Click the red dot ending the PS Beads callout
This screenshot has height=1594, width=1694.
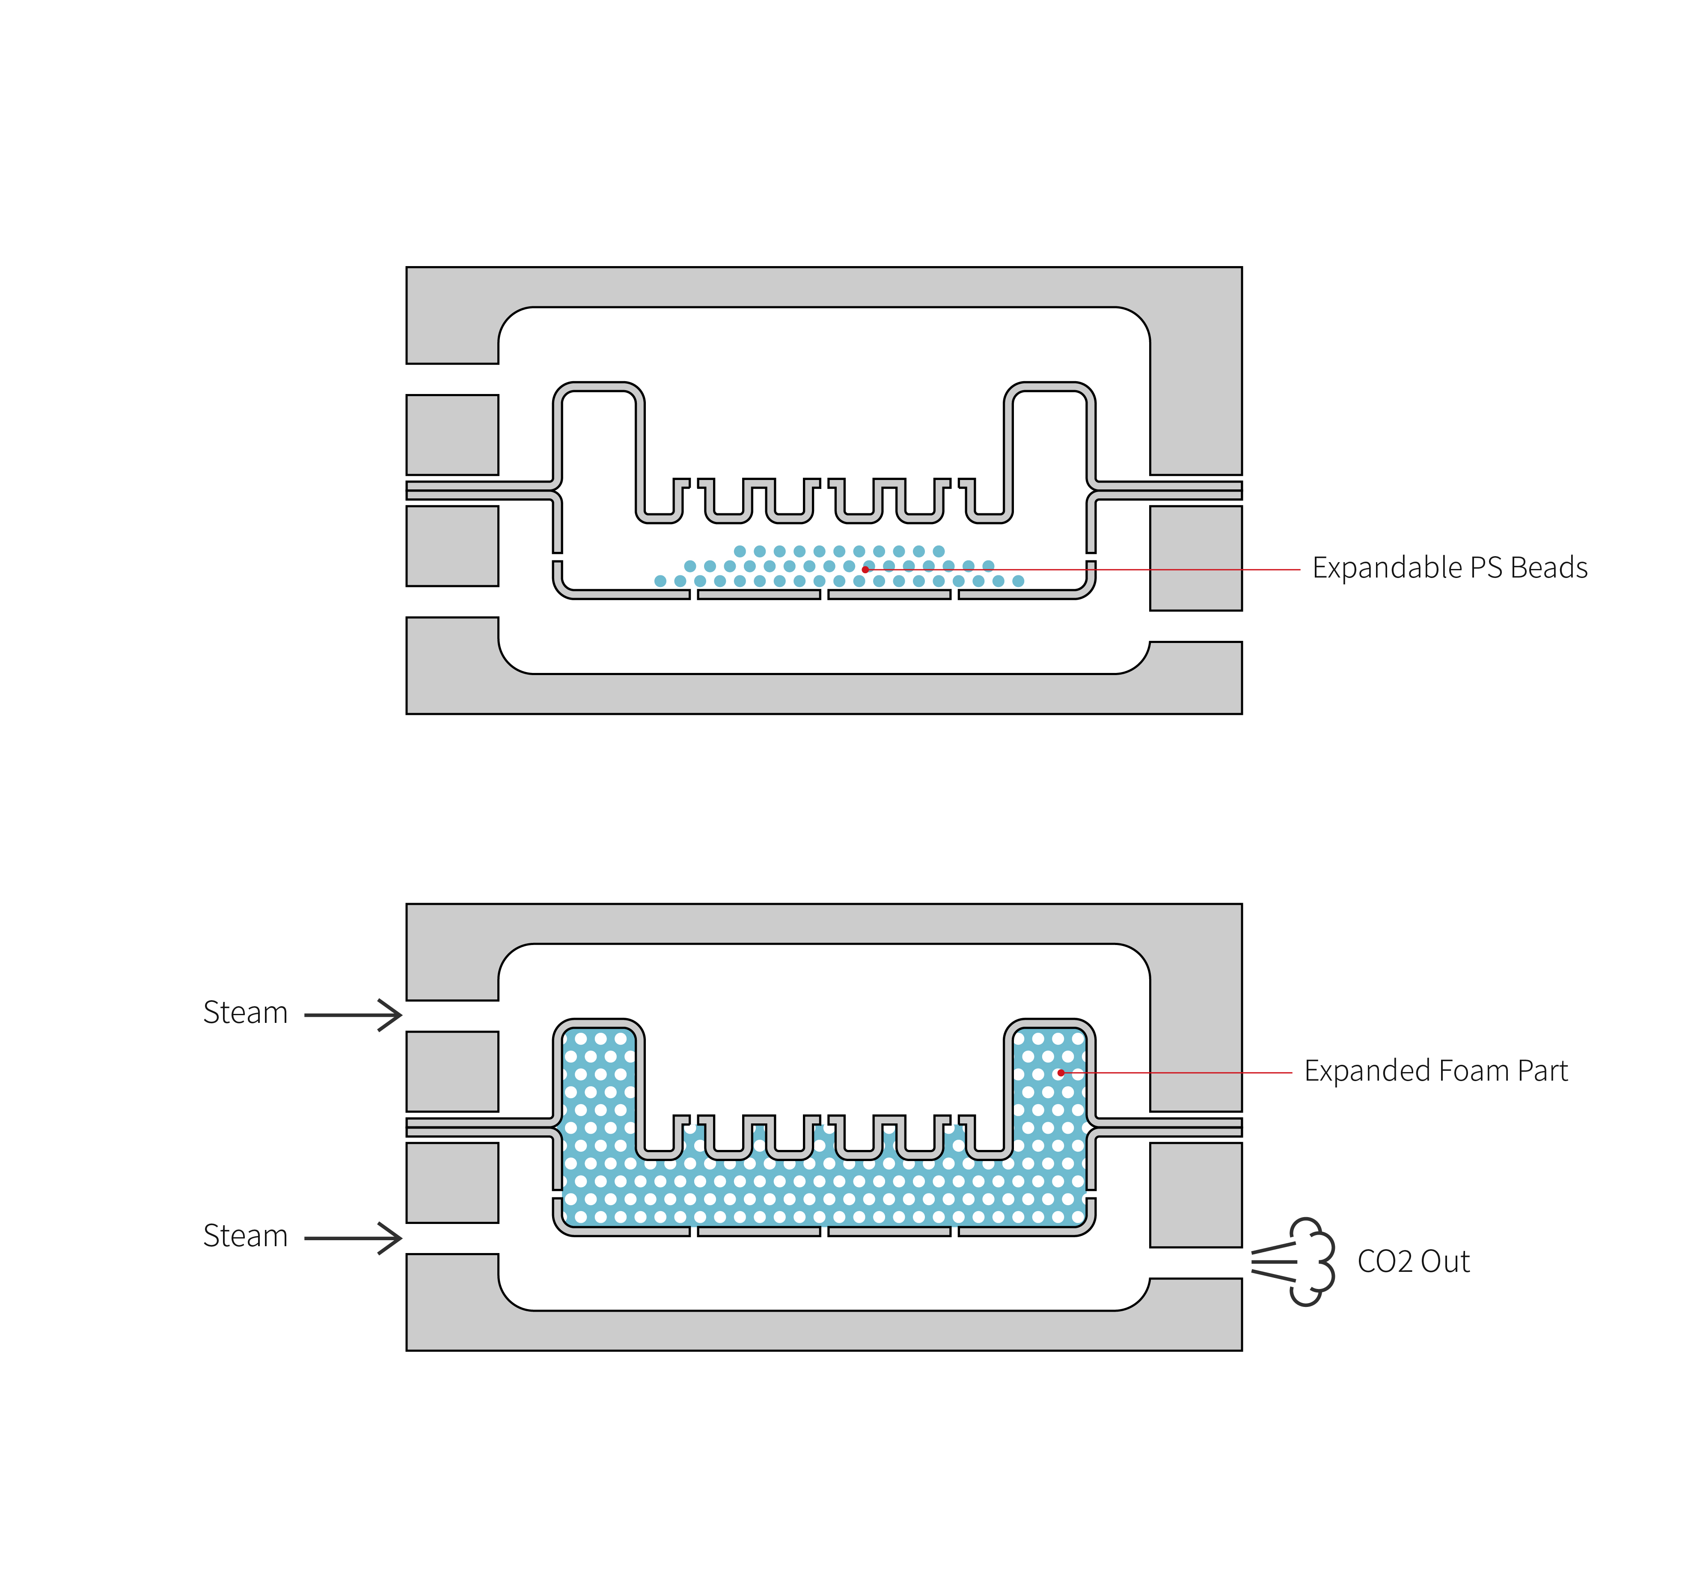tap(866, 569)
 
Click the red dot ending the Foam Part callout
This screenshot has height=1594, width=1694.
tap(1061, 1073)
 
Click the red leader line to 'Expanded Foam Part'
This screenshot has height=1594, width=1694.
tap(1193, 1073)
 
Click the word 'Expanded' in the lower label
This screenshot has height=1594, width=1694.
tap(1366, 1071)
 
